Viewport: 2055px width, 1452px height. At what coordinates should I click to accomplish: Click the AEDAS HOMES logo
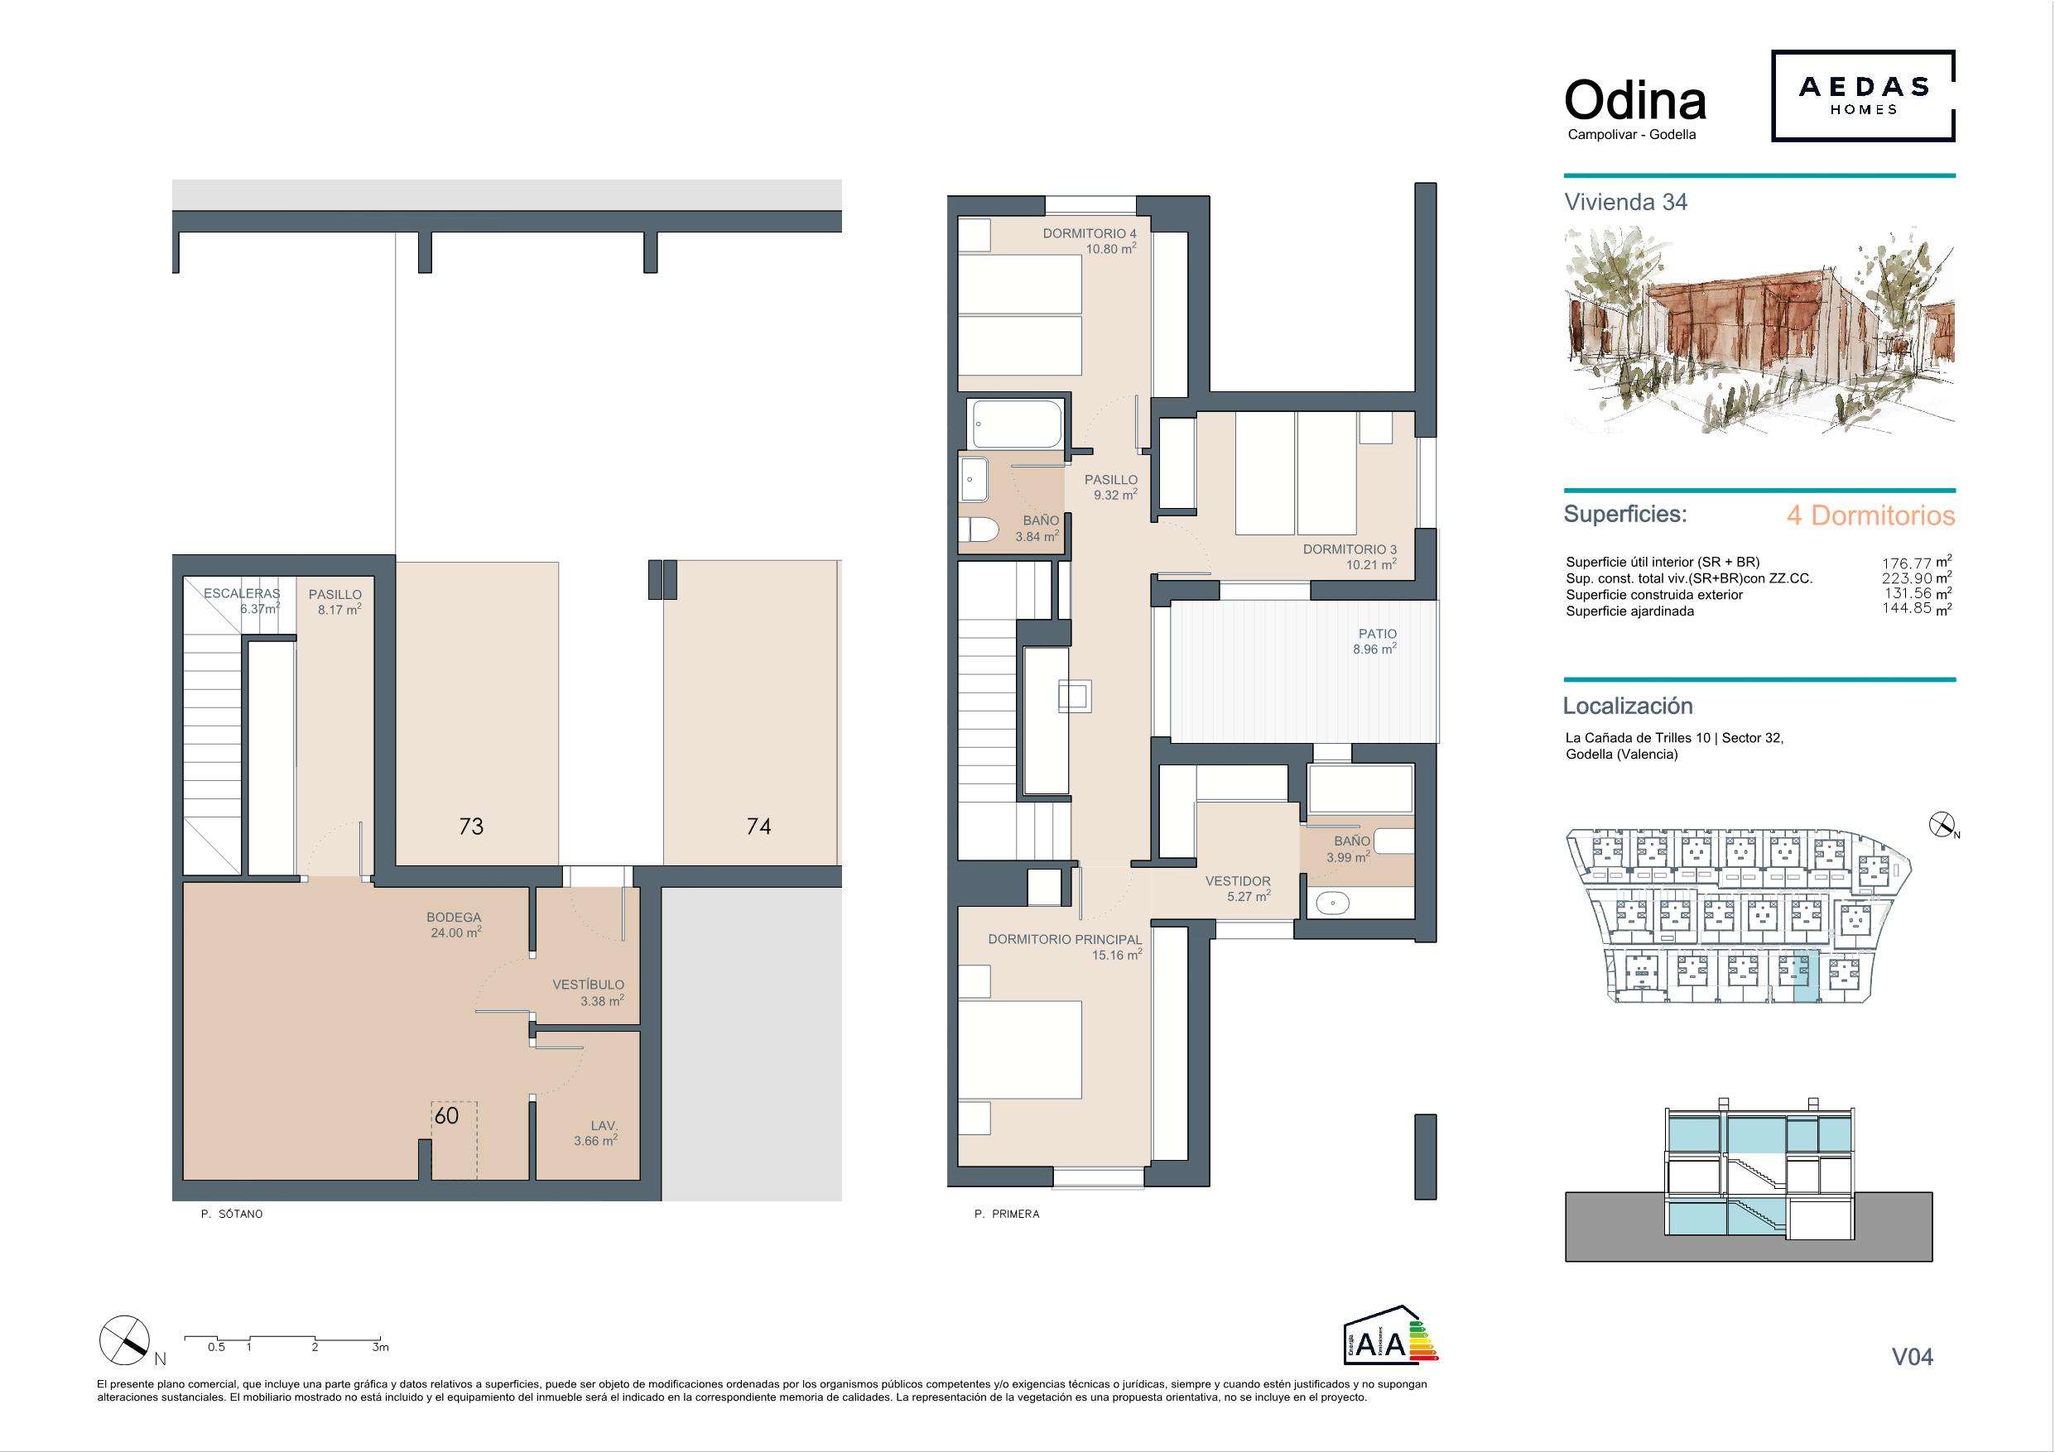click(x=1863, y=96)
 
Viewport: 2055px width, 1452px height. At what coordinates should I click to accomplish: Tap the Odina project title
click(x=1635, y=100)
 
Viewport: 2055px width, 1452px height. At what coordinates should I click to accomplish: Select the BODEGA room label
click(x=454, y=917)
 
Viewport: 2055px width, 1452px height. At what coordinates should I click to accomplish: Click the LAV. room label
click(x=604, y=1125)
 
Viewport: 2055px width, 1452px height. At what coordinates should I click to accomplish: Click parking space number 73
click(x=471, y=826)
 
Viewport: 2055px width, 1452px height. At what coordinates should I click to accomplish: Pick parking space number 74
click(x=758, y=826)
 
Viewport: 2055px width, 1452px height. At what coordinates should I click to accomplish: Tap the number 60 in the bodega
click(x=446, y=1115)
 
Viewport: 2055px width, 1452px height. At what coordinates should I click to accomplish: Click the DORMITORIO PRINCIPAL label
click(x=1065, y=939)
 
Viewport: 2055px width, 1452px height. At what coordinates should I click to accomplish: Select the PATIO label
click(x=1378, y=634)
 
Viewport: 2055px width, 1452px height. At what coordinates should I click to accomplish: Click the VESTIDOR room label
click(x=1238, y=881)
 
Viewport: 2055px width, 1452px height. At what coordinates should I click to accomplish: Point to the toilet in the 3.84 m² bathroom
click(x=976, y=530)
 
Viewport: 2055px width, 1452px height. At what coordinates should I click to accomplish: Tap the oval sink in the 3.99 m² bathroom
click(x=1334, y=903)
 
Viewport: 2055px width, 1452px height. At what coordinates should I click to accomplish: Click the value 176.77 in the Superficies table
click(x=1907, y=563)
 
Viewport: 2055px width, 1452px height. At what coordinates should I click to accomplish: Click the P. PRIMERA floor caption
click(x=1007, y=1214)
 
